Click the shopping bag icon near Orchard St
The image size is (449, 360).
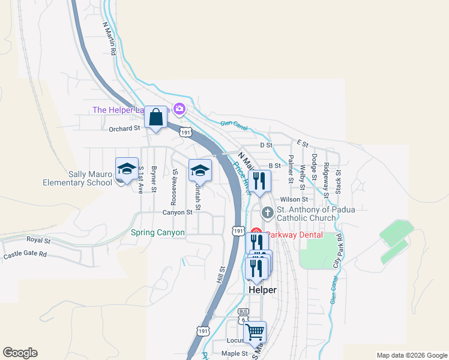tap(156, 118)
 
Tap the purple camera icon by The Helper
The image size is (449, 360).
tap(179, 109)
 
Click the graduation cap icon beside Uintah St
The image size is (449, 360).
tap(200, 170)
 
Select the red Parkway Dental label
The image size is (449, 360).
tap(294, 235)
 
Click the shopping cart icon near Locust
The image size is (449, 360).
tap(256, 332)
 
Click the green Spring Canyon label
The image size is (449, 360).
tap(158, 232)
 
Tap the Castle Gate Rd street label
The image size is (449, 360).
tap(25, 255)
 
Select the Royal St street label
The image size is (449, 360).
tap(38, 240)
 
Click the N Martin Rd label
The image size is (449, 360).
tap(109, 39)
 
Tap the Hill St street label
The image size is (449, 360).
tap(221, 275)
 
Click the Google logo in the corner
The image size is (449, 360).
tap(20, 353)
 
